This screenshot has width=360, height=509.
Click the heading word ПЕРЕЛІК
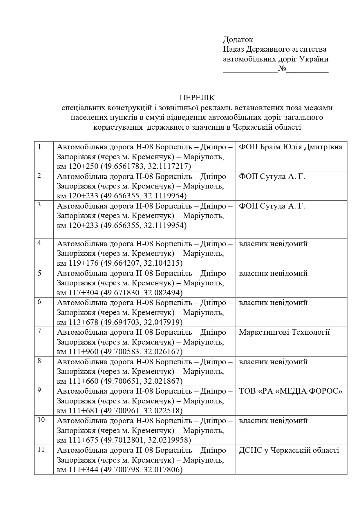point(197,97)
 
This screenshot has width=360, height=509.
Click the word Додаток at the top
point(238,39)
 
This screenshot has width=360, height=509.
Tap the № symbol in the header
point(282,69)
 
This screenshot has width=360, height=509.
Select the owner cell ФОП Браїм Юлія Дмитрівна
point(290,147)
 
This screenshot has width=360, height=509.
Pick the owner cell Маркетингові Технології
point(284,332)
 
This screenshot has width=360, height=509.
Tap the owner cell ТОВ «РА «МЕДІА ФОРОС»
point(290,391)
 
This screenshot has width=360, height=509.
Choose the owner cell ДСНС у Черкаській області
point(289,450)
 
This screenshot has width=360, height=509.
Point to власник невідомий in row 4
point(273,244)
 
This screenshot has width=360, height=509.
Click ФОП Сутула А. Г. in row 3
point(272,206)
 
